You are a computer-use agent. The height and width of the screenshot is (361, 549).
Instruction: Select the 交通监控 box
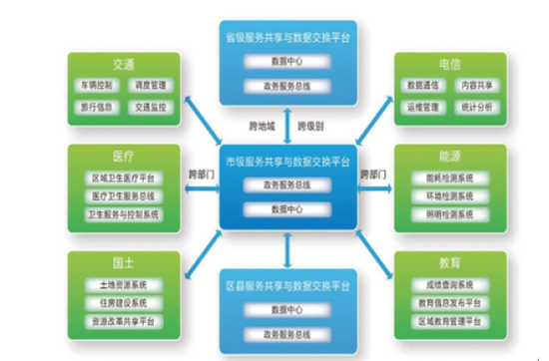click(x=150, y=107)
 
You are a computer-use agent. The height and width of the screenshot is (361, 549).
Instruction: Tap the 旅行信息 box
click(x=99, y=107)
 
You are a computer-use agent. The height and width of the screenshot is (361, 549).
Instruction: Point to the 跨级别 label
click(x=311, y=127)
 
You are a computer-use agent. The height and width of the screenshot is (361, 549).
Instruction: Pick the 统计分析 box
click(x=474, y=107)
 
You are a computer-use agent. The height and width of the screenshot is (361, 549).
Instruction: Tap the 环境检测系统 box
click(x=448, y=197)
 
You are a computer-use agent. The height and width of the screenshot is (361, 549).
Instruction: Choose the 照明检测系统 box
click(x=448, y=216)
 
